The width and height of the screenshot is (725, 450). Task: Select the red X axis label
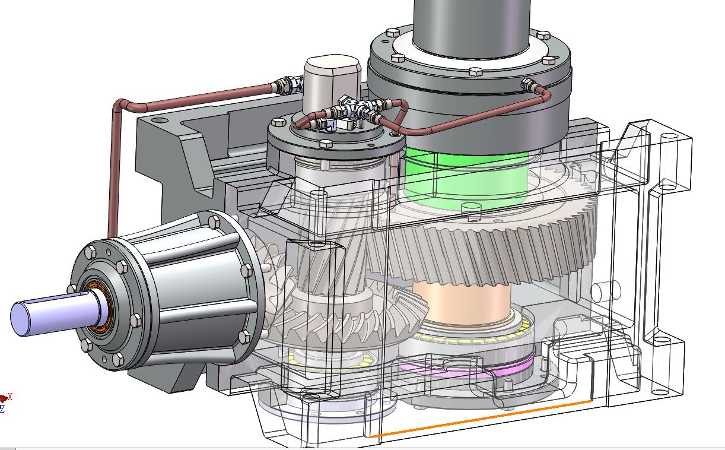pyautogui.click(x=10, y=397)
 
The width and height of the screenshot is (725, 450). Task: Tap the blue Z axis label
pyautogui.click(x=2, y=409)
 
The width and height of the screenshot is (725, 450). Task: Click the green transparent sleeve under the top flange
pyautogui.click(x=466, y=176)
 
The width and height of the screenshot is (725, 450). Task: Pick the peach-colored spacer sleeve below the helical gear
pyautogui.click(x=462, y=302)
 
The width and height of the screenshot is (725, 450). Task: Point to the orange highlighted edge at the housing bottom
pyautogui.click(x=481, y=419)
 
